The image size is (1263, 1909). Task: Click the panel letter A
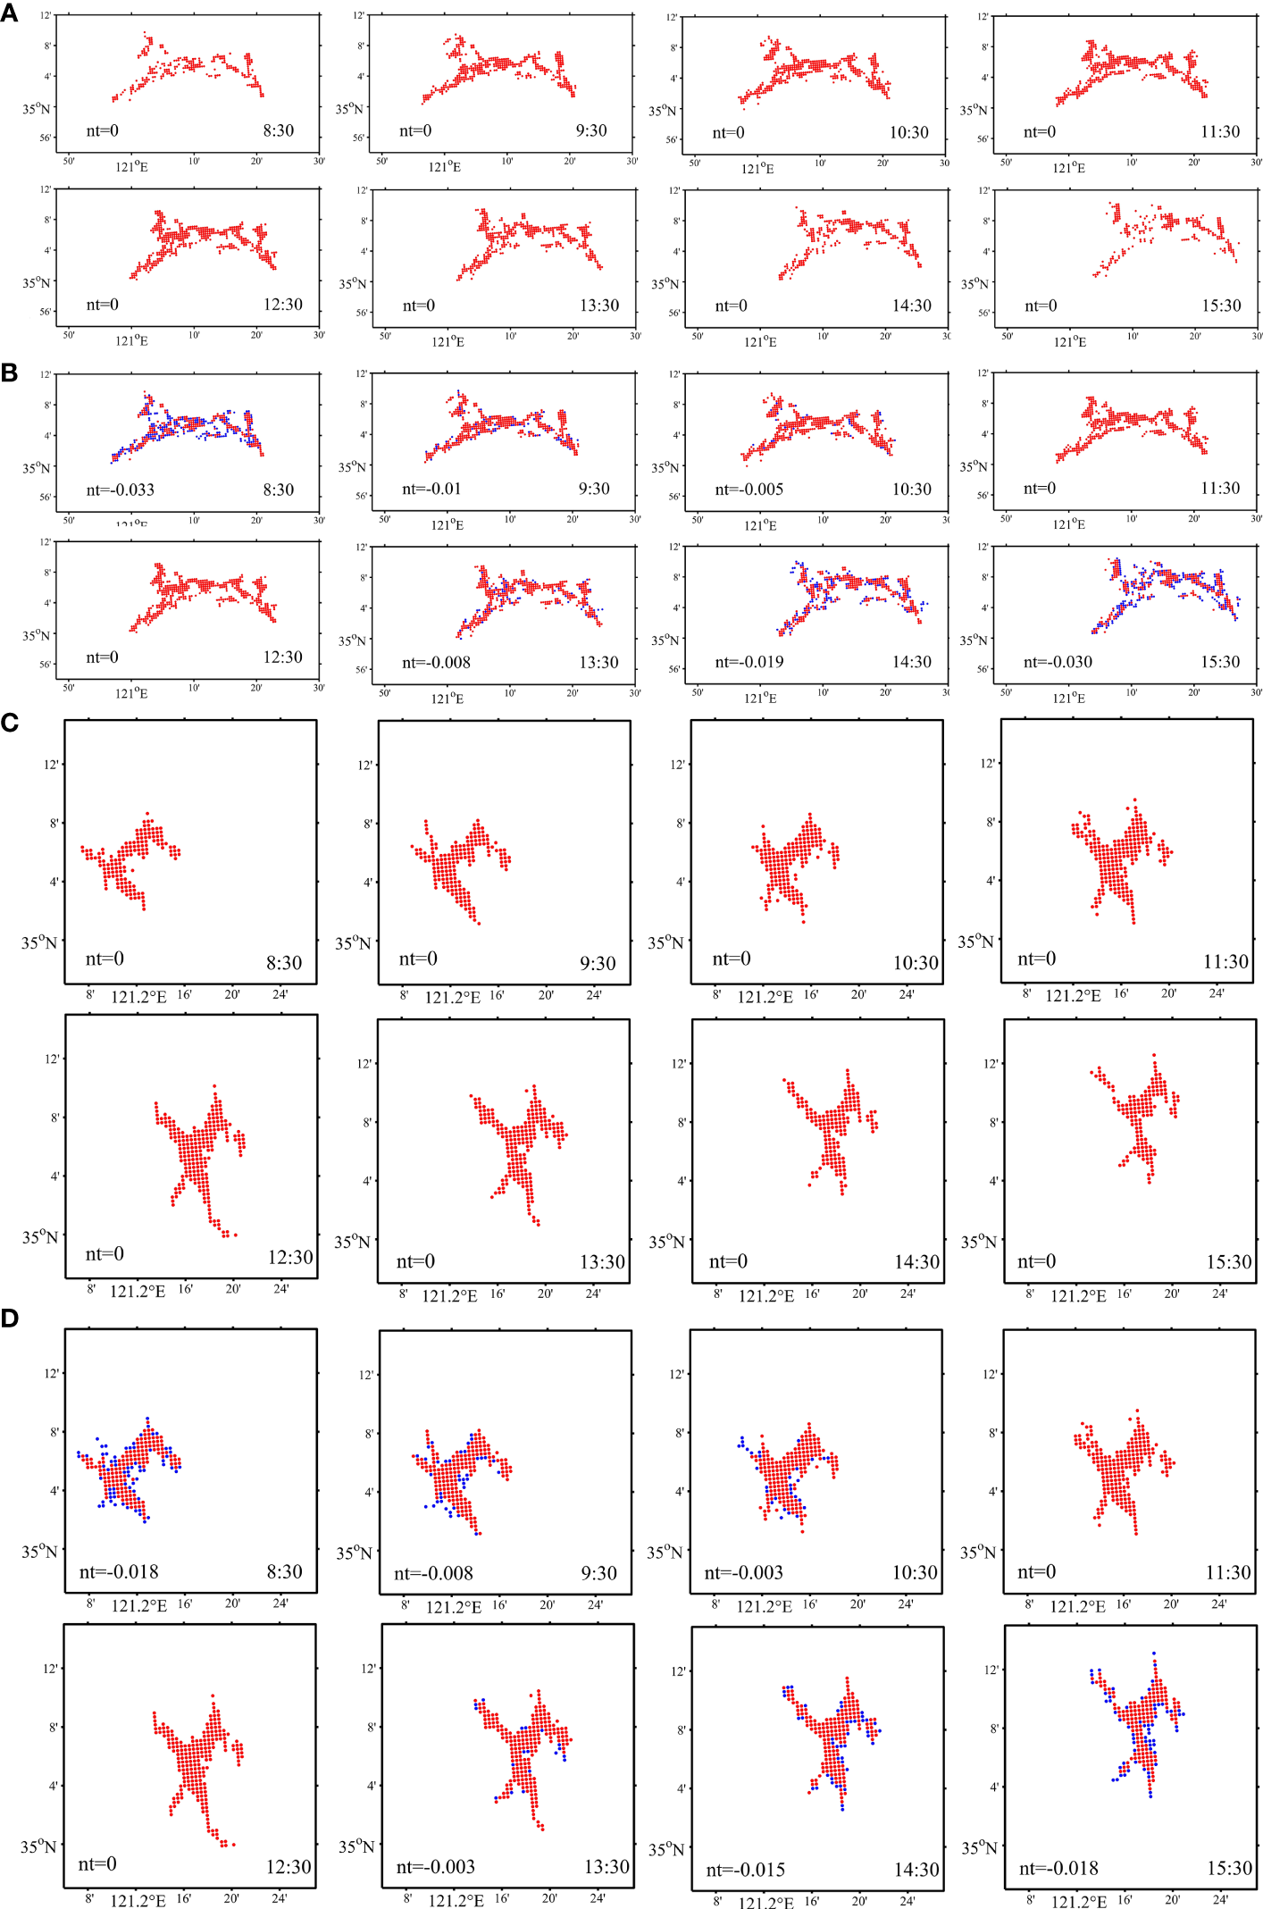pos(9,13)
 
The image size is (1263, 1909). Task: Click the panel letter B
pos(9,373)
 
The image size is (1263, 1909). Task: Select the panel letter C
pos(10,722)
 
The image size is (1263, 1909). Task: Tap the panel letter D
pos(10,1318)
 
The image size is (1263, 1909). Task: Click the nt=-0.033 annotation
pos(120,490)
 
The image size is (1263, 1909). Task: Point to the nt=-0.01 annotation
pos(431,489)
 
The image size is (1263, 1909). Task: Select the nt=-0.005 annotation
pos(749,490)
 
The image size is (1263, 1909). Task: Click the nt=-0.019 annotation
pos(749,662)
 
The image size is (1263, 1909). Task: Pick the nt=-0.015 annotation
pos(745,1870)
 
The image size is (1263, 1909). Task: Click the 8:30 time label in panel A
pos(278,130)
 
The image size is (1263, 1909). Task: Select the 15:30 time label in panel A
pos(1221,306)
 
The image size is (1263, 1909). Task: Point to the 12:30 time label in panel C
pos(290,1258)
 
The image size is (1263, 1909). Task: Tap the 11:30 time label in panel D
pos(1227,1572)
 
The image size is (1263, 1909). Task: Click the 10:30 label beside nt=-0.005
pos(911,490)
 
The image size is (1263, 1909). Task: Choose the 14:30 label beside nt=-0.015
pos(916,1870)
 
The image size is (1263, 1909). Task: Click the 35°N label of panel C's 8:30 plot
pos(39,942)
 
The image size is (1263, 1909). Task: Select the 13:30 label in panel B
pos(598,662)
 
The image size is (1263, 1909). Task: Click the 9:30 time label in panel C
pos(598,963)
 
